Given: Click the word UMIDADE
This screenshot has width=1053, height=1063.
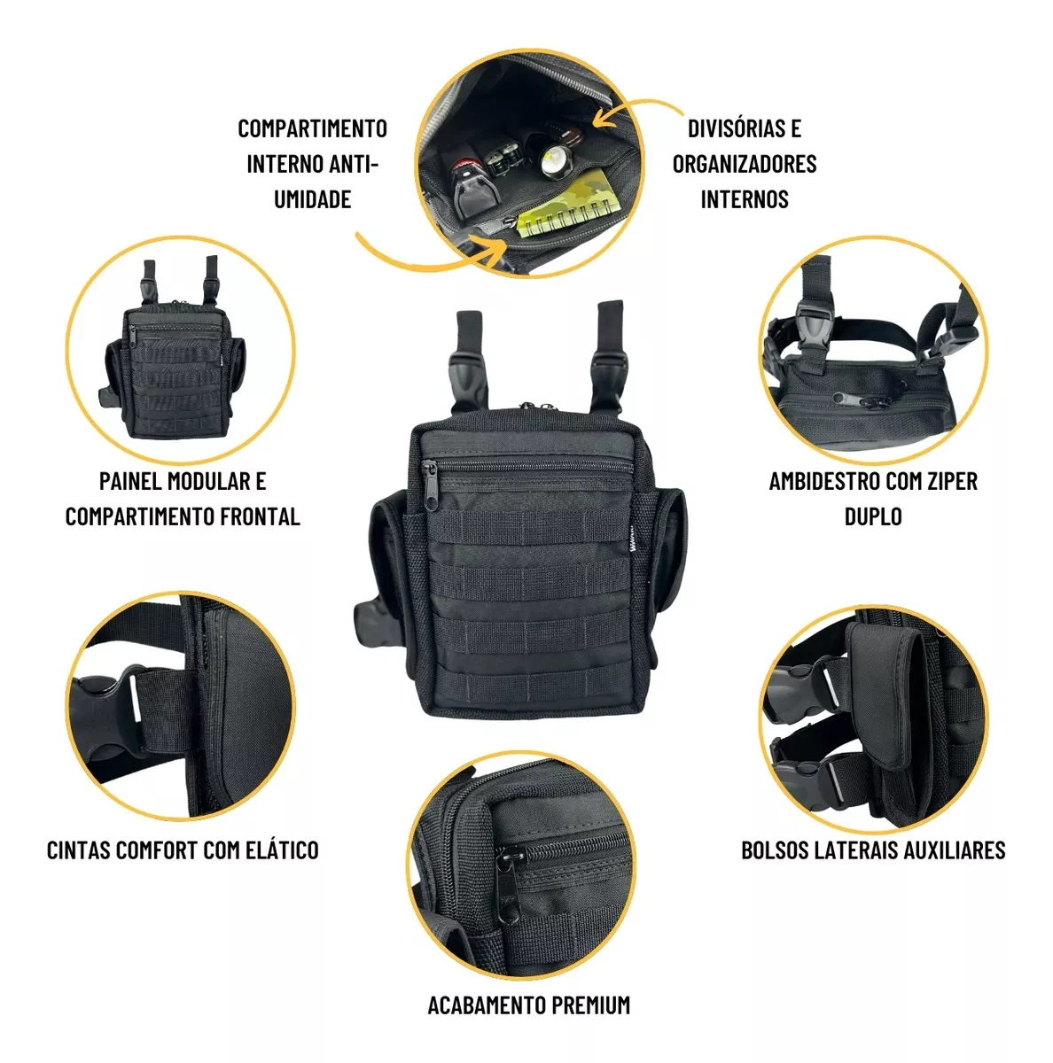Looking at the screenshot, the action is point(312,198).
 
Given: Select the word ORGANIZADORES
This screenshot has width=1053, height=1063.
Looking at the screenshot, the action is point(745,164).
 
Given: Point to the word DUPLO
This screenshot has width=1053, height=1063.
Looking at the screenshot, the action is point(873,516).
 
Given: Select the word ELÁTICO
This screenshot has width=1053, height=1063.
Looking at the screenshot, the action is point(279,850).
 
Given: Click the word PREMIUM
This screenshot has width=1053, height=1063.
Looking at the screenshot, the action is point(590,1005).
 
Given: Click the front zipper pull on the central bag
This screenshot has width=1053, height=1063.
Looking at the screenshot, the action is point(430,486).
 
